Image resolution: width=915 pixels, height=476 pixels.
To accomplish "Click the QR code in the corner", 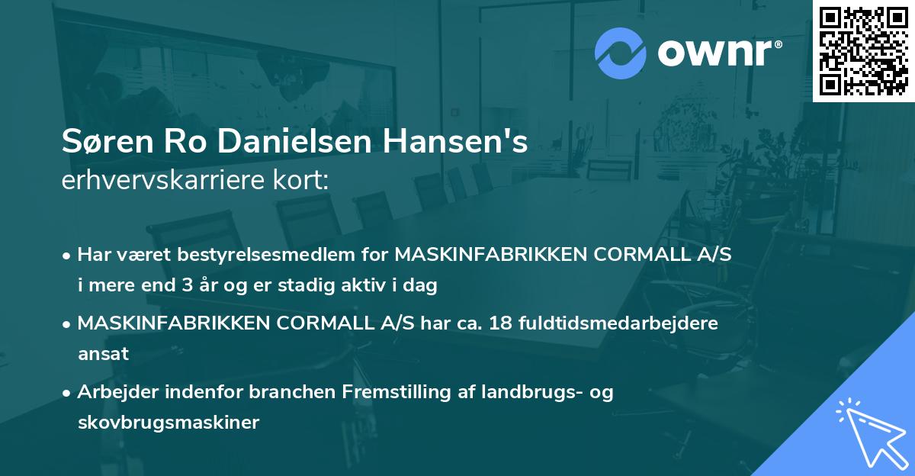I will pos(863,50).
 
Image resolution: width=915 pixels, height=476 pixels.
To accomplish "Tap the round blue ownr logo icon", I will pos(621,53).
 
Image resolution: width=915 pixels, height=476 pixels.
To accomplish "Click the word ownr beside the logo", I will pos(718,53).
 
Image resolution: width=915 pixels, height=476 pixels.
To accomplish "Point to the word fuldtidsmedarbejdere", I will pos(618,323).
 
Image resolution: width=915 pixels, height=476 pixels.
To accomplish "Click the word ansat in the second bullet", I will pos(103,354).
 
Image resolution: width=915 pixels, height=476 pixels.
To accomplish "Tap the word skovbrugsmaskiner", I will pos(169,423).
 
